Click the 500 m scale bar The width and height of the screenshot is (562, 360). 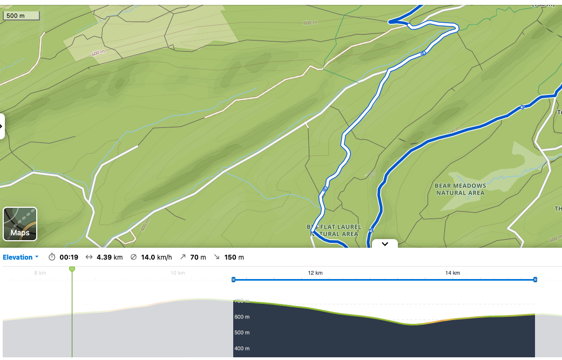pyautogui.click(x=21, y=16)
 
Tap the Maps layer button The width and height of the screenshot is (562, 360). pyautogui.click(x=20, y=223)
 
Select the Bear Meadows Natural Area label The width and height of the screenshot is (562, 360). pyautogui.click(x=460, y=189)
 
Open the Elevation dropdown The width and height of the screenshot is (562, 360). pyautogui.click(x=21, y=257)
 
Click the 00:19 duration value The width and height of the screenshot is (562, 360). pyautogui.click(x=69, y=257)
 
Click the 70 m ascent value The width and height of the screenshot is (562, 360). pyautogui.click(x=197, y=257)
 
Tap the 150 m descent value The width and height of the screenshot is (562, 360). pyautogui.click(x=234, y=257)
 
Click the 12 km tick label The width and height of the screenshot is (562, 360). pyautogui.click(x=315, y=273)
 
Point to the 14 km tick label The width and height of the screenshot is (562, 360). pyautogui.click(x=452, y=273)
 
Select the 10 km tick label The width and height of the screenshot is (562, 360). pyautogui.click(x=178, y=273)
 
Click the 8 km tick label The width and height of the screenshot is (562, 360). pyautogui.click(x=40, y=273)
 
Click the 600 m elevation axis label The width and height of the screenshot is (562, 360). pyautogui.click(x=242, y=317)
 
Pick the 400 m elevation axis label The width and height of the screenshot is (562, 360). pyautogui.click(x=242, y=349)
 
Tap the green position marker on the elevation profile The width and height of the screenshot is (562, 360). pyautogui.click(x=72, y=269)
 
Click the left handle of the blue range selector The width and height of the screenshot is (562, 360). pyautogui.click(x=233, y=280)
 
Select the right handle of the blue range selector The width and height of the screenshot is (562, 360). pyautogui.click(x=535, y=280)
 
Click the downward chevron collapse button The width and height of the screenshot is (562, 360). pyautogui.click(x=385, y=244)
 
